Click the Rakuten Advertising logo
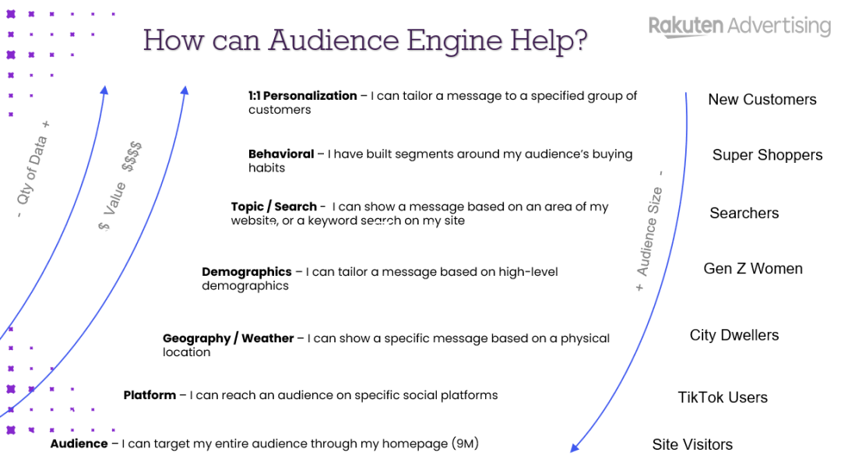coord(739,26)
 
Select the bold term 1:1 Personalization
coord(302,96)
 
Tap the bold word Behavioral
coord(281,154)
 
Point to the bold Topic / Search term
coord(273,207)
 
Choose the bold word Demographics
coord(246,272)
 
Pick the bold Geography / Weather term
coord(228,338)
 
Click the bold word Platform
coord(150,395)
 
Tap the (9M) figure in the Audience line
coord(465,444)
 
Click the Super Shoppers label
coord(767,155)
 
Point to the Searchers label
coord(744,214)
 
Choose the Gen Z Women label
coord(753,269)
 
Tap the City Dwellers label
coord(734,335)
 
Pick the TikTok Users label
coord(723,398)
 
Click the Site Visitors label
coord(692,445)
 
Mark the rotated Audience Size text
coord(649,232)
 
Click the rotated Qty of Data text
coord(33,170)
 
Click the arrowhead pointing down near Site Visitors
coord(575,446)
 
